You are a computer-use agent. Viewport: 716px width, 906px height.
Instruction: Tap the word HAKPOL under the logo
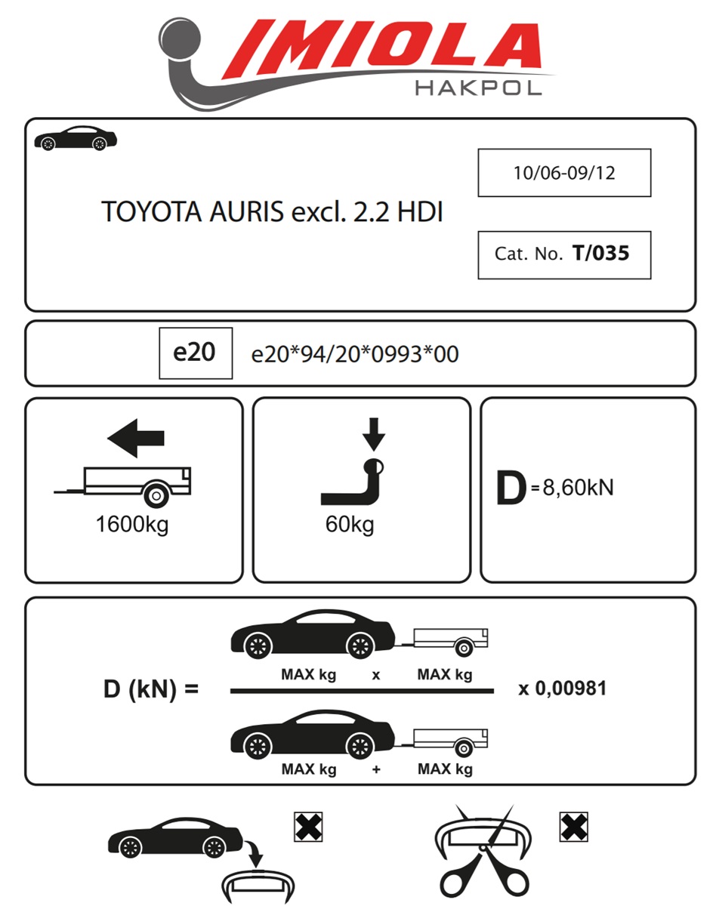click(478, 89)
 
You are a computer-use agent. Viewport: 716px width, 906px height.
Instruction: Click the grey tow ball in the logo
click(180, 39)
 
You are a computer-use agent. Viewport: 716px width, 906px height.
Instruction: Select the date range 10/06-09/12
click(564, 173)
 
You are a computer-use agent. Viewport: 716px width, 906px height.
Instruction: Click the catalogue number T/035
click(600, 253)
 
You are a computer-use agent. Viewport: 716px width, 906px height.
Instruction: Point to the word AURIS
click(246, 211)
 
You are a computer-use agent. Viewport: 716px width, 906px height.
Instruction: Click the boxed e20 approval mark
click(196, 353)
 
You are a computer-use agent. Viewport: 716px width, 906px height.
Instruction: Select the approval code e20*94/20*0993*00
click(355, 353)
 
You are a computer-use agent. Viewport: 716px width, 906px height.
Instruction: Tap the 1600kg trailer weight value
click(132, 525)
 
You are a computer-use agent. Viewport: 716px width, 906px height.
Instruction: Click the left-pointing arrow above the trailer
click(136, 438)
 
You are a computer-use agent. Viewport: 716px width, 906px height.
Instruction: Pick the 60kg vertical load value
click(350, 525)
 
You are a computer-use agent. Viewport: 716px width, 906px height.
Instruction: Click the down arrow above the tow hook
click(374, 434)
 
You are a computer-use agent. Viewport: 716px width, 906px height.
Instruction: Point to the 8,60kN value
click(578, 488)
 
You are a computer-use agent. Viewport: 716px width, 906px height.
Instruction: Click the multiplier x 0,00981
click(562, 689)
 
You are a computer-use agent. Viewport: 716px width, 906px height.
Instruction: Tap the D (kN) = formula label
click(151, 689)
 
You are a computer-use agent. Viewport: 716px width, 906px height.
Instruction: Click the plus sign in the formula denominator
click(376, 770)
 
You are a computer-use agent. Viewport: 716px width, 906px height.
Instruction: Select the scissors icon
click(484, 855)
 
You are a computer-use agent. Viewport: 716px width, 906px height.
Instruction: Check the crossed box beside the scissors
click(574, 827)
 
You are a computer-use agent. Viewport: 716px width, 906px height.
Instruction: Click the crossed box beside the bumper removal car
click(308, 827)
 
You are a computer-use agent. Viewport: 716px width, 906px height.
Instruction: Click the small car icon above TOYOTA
click(76, 137)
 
